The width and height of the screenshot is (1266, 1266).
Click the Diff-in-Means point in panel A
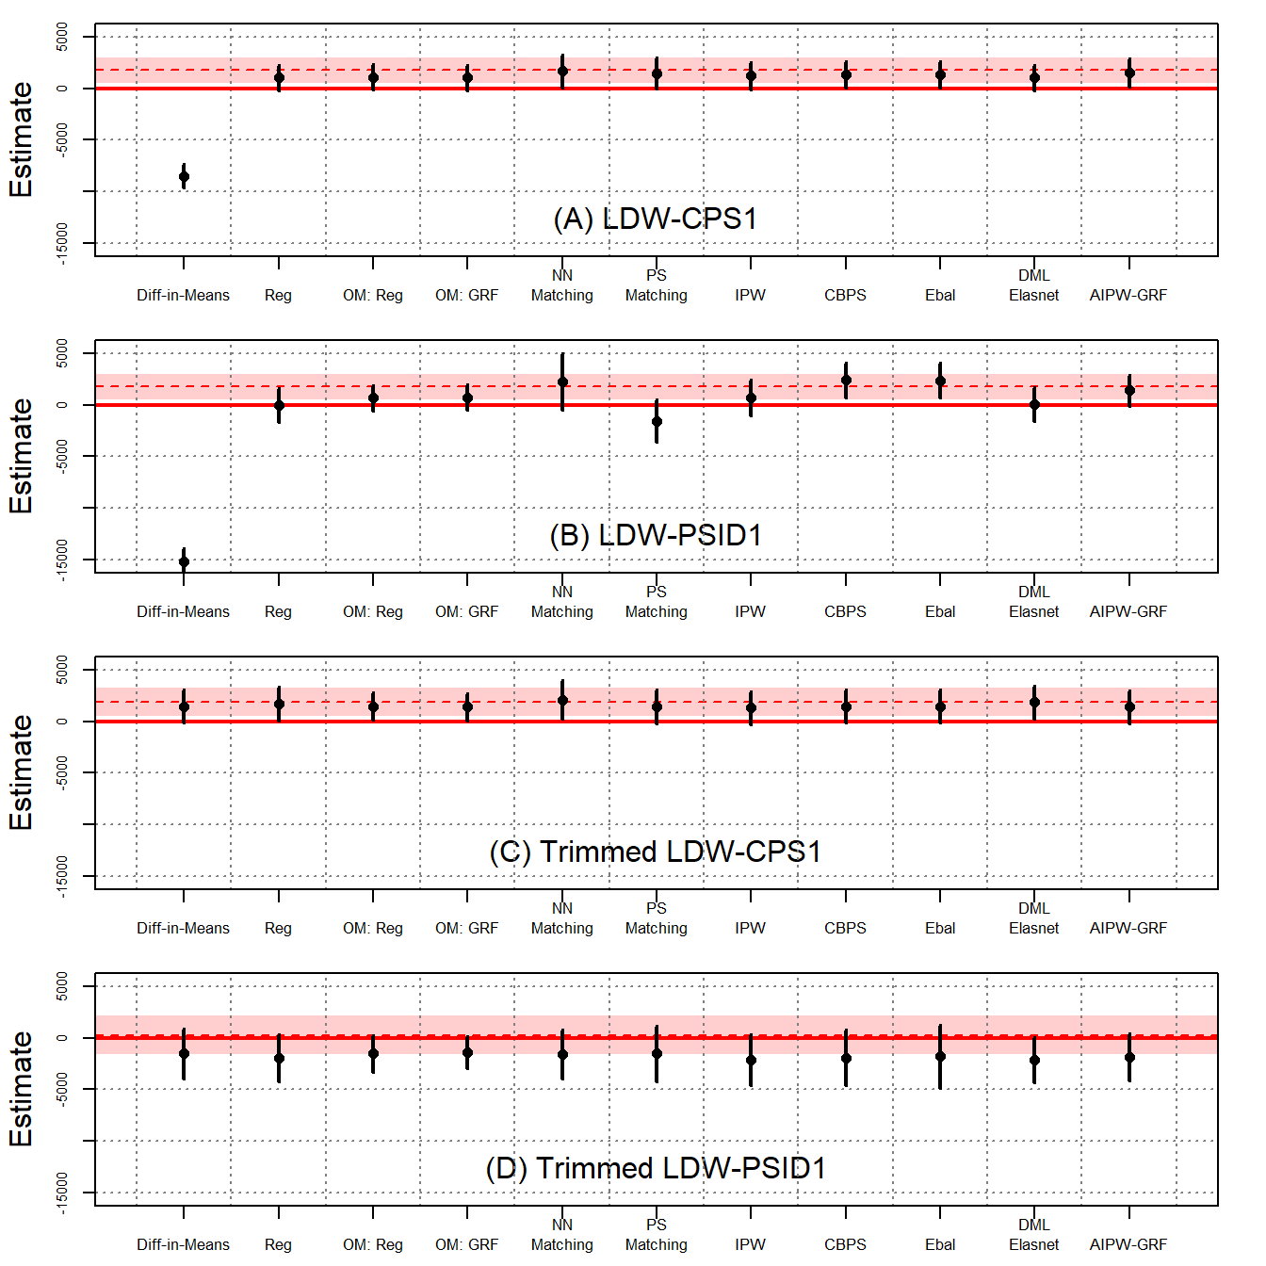click(184, 176)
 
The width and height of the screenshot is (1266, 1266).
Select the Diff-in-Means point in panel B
click(184, 561)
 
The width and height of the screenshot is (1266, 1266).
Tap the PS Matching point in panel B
click(657, 421)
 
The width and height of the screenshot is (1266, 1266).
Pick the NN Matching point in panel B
click(562, 381)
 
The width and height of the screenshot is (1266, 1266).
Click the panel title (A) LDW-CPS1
click(656, 219)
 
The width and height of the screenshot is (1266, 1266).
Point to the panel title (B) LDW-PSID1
click(656, 535)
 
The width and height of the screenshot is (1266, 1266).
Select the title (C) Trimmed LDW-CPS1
click(656, 852)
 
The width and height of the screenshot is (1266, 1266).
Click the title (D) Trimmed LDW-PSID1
click(656, 1168)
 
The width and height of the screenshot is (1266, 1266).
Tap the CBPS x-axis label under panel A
click(845, 295)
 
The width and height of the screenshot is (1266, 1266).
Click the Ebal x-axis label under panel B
click(940, 611)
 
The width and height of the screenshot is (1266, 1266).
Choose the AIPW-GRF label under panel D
click(1128, 1244)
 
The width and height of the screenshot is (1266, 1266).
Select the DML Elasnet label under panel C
click(1033, 918)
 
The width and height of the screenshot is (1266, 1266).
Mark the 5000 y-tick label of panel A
click(62, 38)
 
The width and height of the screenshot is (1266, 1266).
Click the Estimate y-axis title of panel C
click(21, 772)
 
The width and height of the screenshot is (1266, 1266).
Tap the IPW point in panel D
click(751, 1060)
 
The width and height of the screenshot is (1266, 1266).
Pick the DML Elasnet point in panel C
click(1034, 702)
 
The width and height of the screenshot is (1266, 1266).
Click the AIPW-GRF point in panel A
click(1129, 73)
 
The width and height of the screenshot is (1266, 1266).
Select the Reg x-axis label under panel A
click(278, 295)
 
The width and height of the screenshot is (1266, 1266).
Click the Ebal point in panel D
click(940, 1056)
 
